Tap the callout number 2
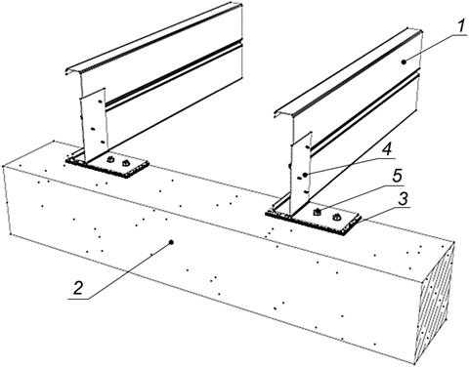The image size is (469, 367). (x=78, y=288)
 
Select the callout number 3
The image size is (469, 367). (x=404, y=198)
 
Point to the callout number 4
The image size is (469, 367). (x=386, y=150)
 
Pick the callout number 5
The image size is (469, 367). (x=396, y=176)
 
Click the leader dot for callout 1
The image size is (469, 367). (x=404, y=61)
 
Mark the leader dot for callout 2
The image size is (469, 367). (x=171, y=242)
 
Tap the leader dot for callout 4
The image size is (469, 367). (x=305, y=175)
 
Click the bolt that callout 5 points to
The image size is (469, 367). (x=316, y=213)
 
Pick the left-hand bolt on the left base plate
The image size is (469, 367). (x=110, y=159)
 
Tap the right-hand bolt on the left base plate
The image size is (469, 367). (x=125, y=163)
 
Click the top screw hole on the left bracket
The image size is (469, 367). (x=100, y=102)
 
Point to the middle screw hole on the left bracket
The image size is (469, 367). (x=93, y=129)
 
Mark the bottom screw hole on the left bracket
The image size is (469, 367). (x=103, y=143)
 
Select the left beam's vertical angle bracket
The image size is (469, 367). (x=94, y=125)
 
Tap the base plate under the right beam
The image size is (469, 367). (x=315, y=218)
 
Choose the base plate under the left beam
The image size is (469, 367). (x=107, y=164)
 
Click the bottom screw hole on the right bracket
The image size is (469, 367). (x=306, y=191)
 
